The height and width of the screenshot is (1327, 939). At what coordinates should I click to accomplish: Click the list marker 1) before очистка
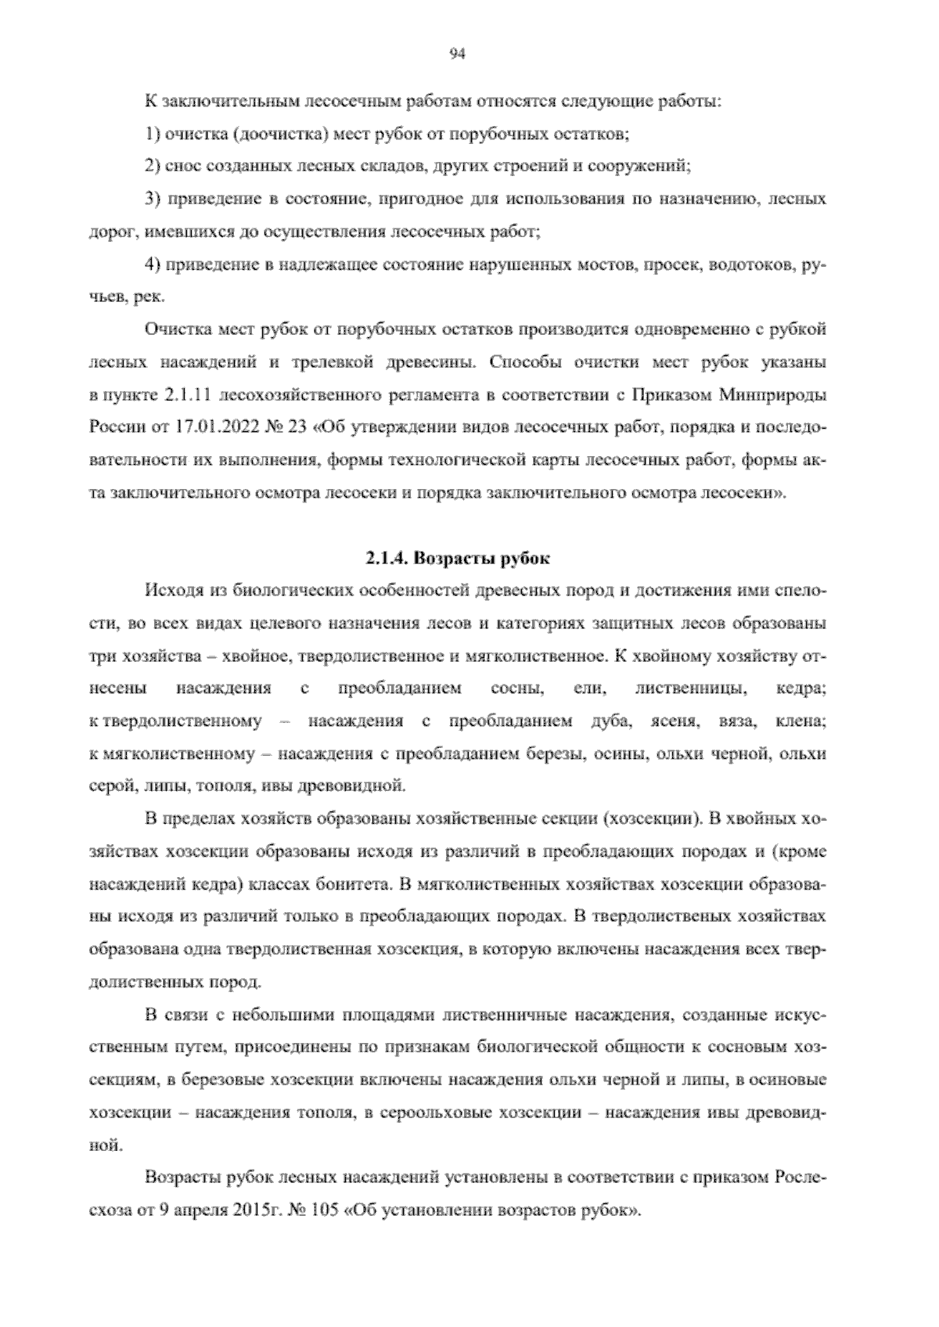153,134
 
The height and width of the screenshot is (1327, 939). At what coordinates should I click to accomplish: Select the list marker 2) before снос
153,166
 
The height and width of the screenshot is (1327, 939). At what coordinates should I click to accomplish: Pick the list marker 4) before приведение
153,264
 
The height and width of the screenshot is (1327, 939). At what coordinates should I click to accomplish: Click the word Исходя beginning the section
171,590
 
